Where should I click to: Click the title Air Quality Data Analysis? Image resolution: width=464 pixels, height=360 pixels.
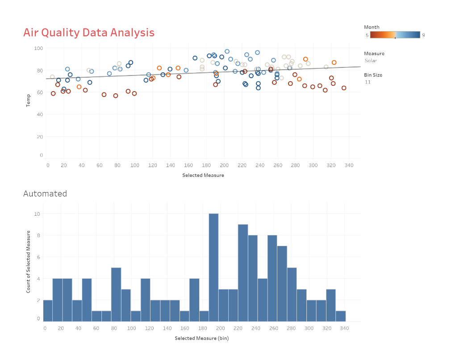click(x=89, y=33)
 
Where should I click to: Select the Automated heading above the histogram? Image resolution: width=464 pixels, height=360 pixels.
click(x=45, y=193)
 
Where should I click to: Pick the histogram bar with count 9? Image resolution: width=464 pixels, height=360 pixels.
click(x=243, y=272)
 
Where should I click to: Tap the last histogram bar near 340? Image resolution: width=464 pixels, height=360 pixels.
click(x=340, y=316)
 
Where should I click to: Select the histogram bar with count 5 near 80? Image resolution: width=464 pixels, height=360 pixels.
click(x=116, y=294)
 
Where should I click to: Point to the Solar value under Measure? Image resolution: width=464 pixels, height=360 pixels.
click(x=371, y=60)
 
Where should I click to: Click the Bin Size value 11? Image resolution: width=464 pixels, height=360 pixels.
click(x=368, y=82)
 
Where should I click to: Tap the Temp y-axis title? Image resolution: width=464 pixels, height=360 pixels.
click(x=28, y=100)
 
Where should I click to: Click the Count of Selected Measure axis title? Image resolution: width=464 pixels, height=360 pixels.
click(x=28, y=261)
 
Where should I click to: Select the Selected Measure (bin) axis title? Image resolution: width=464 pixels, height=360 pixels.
click(x=201, y=338)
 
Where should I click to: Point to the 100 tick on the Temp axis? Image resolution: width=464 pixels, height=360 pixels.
click(x=38, y=48)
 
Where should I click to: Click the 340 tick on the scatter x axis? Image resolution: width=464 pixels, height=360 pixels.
click(x=349, y=165)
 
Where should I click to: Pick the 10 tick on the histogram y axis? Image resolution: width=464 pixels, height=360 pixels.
click(x=38, y=214)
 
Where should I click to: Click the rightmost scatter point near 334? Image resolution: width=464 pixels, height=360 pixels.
click(x=344, y=88)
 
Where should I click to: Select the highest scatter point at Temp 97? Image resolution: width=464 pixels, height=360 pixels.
click(x=227, y=51)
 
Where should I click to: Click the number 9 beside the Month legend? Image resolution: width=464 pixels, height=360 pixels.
click(x=423, y=35)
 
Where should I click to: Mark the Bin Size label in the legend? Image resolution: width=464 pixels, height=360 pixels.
click(x=373, y=75)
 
